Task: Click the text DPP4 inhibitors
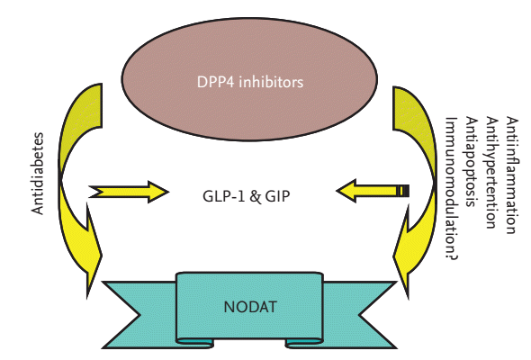[x=250, y=82]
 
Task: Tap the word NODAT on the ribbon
[x=250, y=307]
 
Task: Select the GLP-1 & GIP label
[x=247, y=196]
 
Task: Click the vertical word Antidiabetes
[x=38, y=174]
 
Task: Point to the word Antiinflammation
[x=512, y=175]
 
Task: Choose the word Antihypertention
[x=491, y=173]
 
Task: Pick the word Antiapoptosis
[x=471, y=161]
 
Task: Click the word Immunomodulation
[x=451, y=184]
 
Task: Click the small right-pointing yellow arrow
[x=129, y=192]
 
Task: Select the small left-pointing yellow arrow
[x=373, y=191]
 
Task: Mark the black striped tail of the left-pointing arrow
[x=403, y=191]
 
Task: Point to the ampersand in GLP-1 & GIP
[x=256, y=197]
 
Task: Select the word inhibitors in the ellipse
[x=271, y=82]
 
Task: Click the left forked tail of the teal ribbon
[x=139, y=314]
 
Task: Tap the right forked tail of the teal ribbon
[x=360, y=314]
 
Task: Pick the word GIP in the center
[x=277, y=196]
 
